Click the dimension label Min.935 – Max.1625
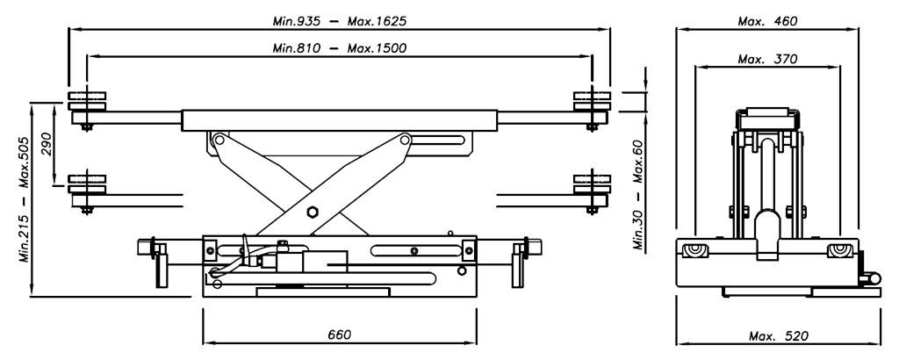pyautogui.click(x=339, y=19)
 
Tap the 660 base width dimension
pyautogui.click(x=339, y=336)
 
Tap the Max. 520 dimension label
pyautogui.click(x=779, y=336)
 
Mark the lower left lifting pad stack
pyautogui.click(x=85, y=186)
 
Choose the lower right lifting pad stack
pyautogui.click(x=590, y=186)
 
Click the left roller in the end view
pyautogui.click(x=695, y=252)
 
